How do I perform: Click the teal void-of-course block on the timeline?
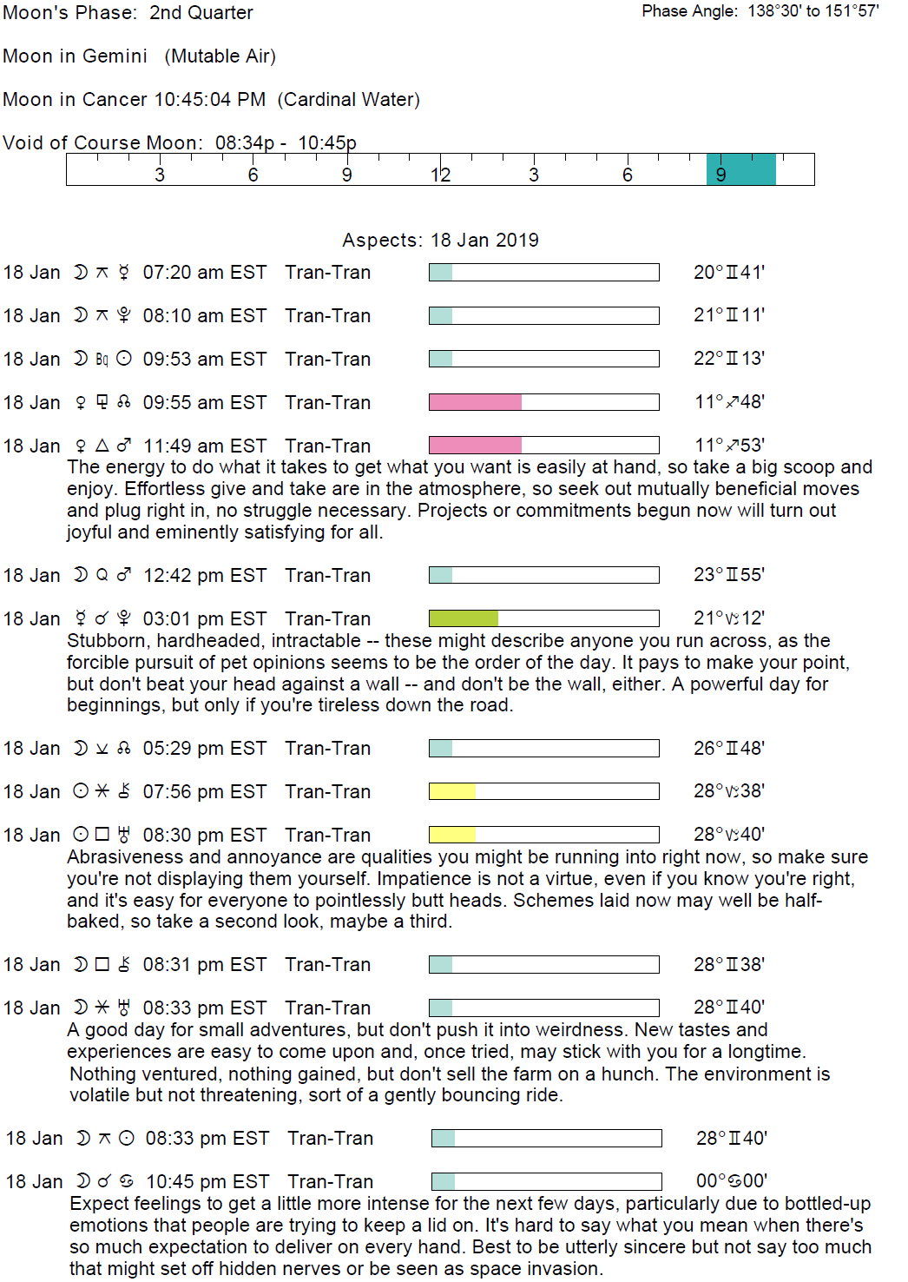point(740,169)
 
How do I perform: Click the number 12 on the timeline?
point(440,175)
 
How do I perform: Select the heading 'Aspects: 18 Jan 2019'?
point(440,241)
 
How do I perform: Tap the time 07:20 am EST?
point(204,273)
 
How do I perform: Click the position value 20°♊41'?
point(728,273)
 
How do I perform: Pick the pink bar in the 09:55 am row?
point(475,402)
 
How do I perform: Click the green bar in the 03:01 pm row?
point(464,618)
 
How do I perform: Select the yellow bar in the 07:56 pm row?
point(452,791)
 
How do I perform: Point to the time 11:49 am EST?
point(204,446)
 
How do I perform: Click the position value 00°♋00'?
point(731,1181)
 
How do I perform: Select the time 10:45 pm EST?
point(207,1182)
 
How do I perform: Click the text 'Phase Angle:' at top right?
point(690,11)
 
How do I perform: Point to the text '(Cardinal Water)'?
point(348,100)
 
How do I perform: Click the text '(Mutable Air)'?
point(220,56)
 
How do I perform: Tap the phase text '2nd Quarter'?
point(201,13)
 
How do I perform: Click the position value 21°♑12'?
point(728,618)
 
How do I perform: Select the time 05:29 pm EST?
point(204,749)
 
